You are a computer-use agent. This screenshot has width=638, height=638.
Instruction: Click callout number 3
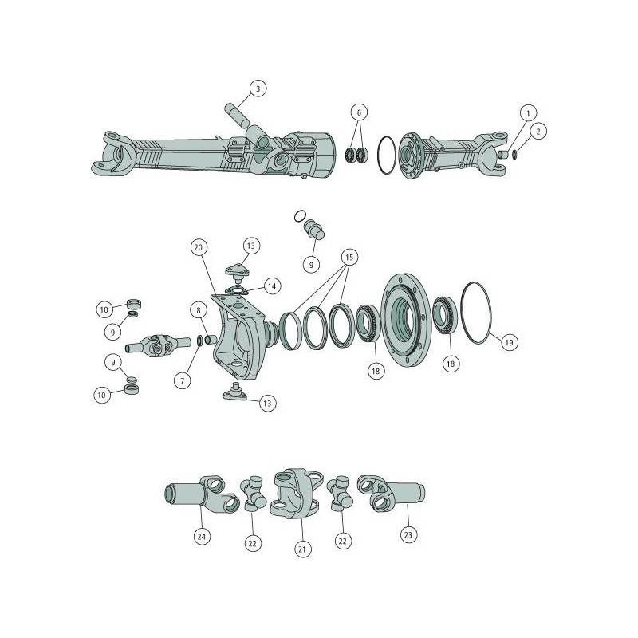(x=258, y=89)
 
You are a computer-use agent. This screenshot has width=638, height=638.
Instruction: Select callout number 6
(x=359, y=112)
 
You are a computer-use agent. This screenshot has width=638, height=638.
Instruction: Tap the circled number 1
(x=529, y=112)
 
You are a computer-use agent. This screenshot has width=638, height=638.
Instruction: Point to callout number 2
(x=538, y=132)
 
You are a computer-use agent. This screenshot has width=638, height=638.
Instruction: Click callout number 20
(x=199, y=247)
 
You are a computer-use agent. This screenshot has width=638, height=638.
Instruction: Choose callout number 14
(x=272, y=286)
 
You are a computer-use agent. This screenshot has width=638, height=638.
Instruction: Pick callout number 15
(x=349, y=257)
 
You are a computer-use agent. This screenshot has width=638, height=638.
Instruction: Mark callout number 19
(x=509, y=343)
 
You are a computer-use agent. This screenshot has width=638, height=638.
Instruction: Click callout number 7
(x=183, y=381)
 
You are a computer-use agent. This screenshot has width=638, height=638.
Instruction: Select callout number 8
(x=199, y=311)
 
